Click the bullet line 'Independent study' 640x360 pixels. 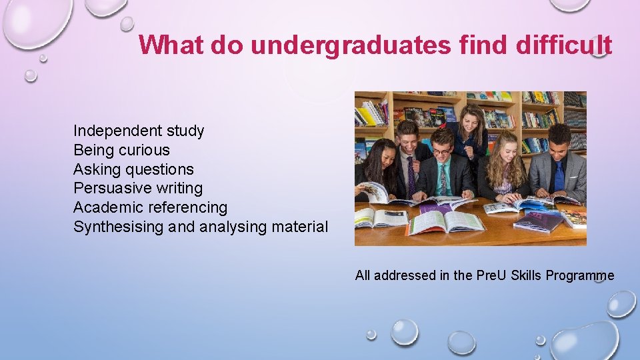(x=139, y=131)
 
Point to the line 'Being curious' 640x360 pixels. (x=121, y=150)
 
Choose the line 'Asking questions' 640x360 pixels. (x=133, y=169)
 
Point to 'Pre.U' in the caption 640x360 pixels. (x=492, y=276)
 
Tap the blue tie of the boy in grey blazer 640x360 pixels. (x=559, y=176)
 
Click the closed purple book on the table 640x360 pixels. (x=538, y=221)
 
